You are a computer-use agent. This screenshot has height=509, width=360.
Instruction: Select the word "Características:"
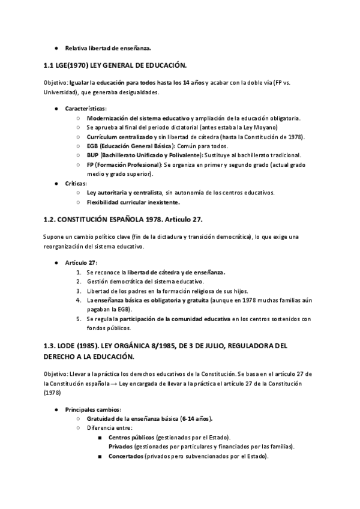[86, 109]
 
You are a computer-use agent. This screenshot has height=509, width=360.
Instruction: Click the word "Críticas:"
[76, 183]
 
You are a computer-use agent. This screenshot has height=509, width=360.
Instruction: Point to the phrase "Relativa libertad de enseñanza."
[108, 47]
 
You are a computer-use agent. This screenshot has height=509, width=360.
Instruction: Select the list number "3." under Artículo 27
[79, 291]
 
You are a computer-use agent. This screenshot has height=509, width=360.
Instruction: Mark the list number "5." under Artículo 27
[79, 319]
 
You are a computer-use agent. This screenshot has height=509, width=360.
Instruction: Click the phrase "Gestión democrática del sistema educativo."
[145, 281]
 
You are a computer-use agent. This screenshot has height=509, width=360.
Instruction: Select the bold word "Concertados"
[127, 456]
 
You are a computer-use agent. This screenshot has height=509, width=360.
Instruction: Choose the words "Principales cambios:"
[93, 409]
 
